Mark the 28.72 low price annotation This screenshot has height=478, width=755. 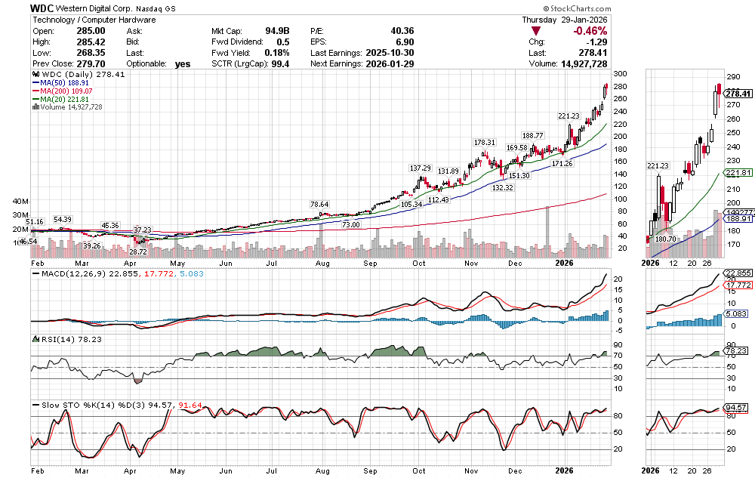[137, 250]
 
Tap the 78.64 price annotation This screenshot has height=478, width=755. [319, 205]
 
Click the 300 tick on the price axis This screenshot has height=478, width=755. [621, 74]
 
